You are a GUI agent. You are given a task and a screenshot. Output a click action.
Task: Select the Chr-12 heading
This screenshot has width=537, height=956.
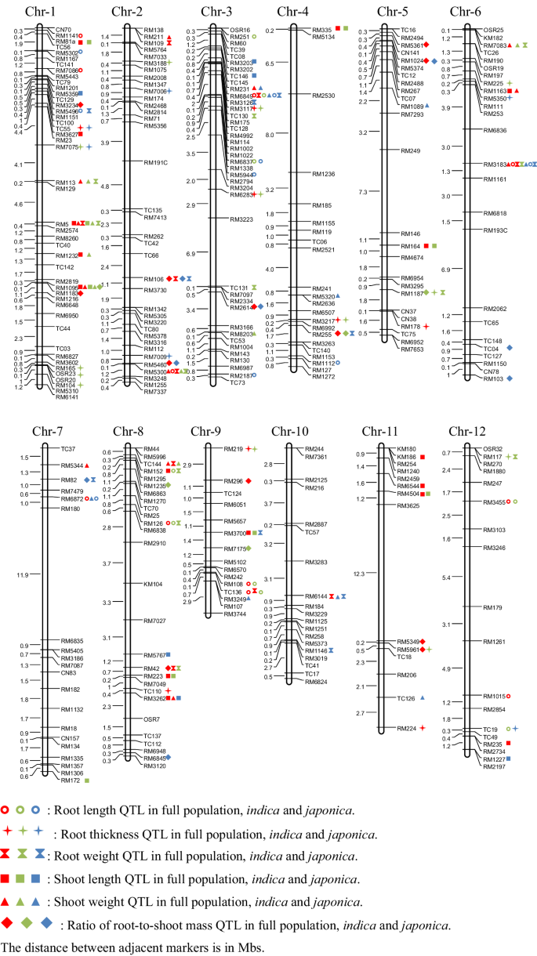point(465,430)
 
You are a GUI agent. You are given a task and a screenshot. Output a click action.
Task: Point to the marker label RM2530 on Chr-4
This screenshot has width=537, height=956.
point(323,96)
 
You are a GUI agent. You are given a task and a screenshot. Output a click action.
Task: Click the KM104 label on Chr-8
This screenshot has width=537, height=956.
point(153,584)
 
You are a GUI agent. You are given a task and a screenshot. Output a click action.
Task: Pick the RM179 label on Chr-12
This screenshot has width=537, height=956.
point(492,607)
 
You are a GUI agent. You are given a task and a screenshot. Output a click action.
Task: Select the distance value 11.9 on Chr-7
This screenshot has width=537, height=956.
point(24,574)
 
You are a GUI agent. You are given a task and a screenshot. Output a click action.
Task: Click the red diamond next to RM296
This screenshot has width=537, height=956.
point(249,480)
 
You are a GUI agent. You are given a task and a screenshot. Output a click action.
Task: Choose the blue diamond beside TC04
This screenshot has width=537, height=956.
point(510,348)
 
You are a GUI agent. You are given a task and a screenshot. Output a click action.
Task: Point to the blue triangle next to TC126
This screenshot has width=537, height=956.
point(423,697)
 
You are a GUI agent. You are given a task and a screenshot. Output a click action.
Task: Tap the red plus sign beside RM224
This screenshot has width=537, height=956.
point(422,728)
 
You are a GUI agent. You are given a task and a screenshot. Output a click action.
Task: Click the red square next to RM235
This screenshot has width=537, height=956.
point(509,743)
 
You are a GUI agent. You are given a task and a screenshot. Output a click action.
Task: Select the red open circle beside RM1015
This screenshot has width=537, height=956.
point(508,695)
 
